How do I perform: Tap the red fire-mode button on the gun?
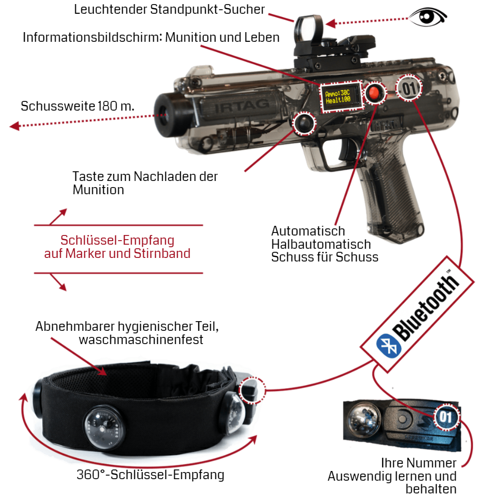(x=375, y=93)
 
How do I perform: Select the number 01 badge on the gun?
(x=409, y=88)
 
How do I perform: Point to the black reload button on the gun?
(x=304, y=123)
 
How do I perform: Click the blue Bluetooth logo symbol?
(x=389, y=346)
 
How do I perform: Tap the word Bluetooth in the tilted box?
(x=426, y=307)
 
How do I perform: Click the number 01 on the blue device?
(x=445, y=417)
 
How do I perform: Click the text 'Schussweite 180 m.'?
(x=77, y=106)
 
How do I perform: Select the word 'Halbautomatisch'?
(x=321, y=244)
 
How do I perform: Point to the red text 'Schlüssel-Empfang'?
(x=117, y=241)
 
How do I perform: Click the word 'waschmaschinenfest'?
(x=141, y=340)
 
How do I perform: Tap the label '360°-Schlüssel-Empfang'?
(x=150, y=475)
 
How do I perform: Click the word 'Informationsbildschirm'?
(x=93, y=37)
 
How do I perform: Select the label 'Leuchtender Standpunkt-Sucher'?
(x=169, y=10)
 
